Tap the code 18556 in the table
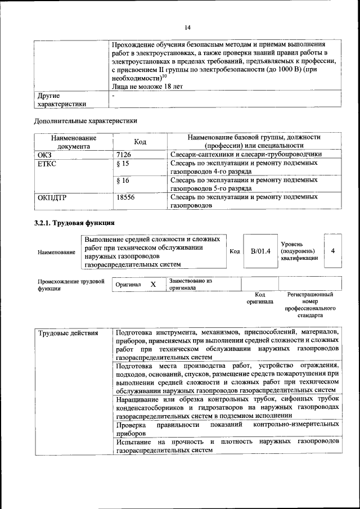coord(125,197)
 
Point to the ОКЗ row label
coord(44,154)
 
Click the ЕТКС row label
coord(47,163)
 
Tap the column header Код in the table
coord(140,142)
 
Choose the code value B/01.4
coord(260,251)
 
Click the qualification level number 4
coord(333,250)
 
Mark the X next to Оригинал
coord(153,285)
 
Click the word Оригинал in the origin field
coord(128,285)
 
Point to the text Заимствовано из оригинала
coord(190,284)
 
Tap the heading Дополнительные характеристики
coord(85,120)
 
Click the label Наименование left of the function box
coord(56,253)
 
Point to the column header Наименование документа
coord(73,142)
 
